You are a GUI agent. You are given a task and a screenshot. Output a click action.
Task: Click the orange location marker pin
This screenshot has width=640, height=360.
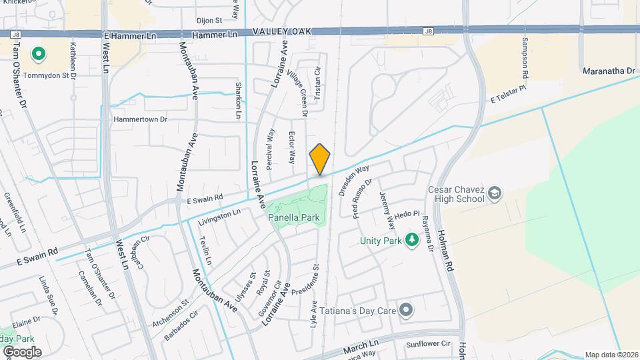[320, 159]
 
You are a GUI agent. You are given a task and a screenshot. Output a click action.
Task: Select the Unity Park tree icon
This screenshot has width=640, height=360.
[412, 239]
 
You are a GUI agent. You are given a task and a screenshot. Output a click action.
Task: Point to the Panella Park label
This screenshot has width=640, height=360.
[294, 217]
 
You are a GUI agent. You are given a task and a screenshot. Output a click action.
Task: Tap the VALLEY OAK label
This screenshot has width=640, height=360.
[281, 32]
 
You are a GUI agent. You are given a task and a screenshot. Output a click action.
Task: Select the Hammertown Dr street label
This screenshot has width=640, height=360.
[140, 119]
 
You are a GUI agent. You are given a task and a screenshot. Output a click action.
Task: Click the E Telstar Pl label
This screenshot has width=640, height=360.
[509, 98]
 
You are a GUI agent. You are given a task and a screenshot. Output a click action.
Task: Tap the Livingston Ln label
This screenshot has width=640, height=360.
[219, 215]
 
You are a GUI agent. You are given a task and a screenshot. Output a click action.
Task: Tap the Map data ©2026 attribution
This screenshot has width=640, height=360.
[611, 355]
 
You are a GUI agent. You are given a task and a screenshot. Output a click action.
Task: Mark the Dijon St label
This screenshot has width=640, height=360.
[208, 21]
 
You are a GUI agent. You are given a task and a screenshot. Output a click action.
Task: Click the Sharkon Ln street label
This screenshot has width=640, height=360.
[237, 101]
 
